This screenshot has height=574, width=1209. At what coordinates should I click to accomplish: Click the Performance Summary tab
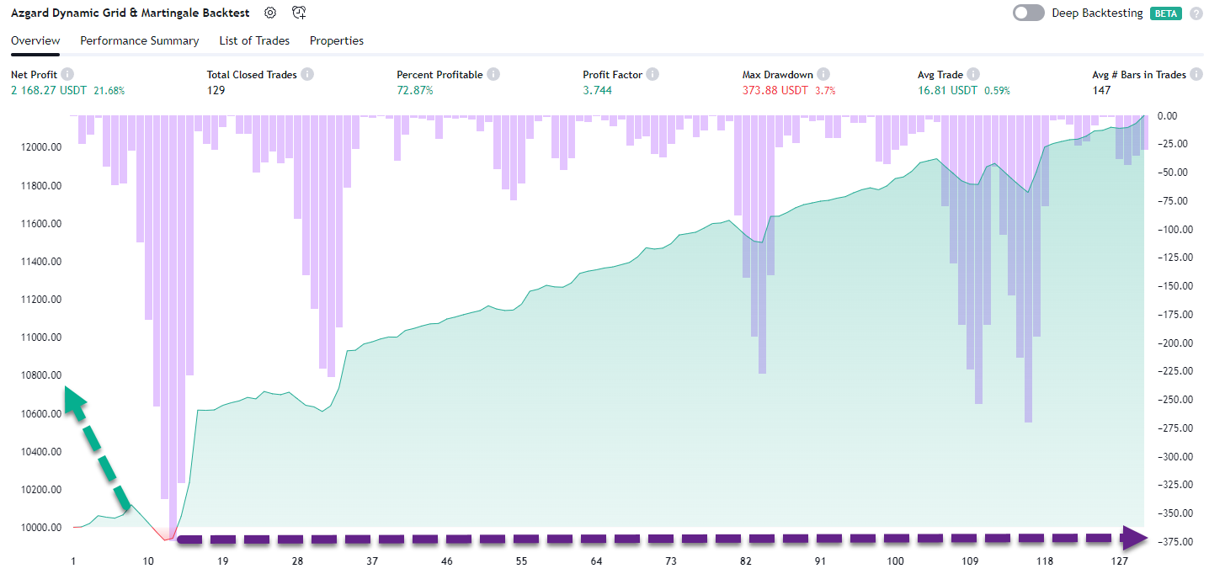(x=140, y=40)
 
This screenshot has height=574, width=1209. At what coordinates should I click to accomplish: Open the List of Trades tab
(x=254, y=40)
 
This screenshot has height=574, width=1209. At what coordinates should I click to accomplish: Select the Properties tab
(x=337, y=40)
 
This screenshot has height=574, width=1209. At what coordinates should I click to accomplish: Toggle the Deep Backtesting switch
(x=1029, y=13)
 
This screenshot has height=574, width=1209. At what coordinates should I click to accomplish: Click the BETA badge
(x=1166, y=13)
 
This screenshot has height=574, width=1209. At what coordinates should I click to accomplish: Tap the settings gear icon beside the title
(x=269, y=13)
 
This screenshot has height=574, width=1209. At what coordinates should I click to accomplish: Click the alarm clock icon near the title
(x=299, y=13)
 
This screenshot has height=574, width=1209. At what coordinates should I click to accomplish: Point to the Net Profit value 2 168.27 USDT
(x=49, y=90)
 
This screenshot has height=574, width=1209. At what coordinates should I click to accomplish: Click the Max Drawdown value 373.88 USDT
(x=775, y=90)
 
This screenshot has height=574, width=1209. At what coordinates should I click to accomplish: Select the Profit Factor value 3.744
(x=597, y=90)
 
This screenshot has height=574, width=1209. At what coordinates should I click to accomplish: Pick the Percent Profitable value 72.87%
(x=415, y=90)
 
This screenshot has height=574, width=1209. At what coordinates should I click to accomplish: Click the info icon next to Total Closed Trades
(x=307, y=75)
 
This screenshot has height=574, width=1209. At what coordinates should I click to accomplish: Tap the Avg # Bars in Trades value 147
(x=1101, y=90)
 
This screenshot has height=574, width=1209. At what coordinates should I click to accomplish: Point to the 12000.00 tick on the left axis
(x=40, y=147)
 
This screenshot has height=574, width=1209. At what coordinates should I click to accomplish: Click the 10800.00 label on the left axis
(x=40, y=375)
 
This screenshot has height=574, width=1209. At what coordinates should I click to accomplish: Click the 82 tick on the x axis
(x=746, y=561)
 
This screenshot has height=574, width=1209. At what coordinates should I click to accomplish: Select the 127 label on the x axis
(x=1119, y=561)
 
